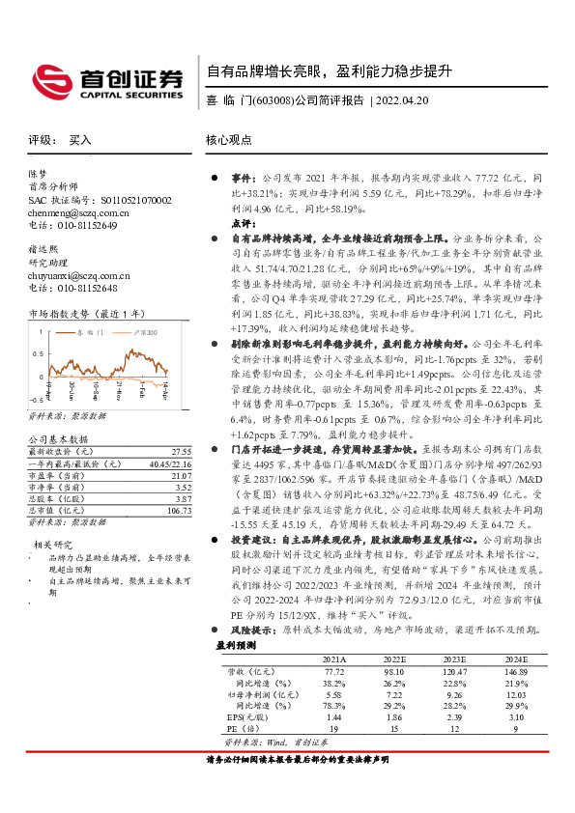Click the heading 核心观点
pyautogui.click(x=229, y=140)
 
